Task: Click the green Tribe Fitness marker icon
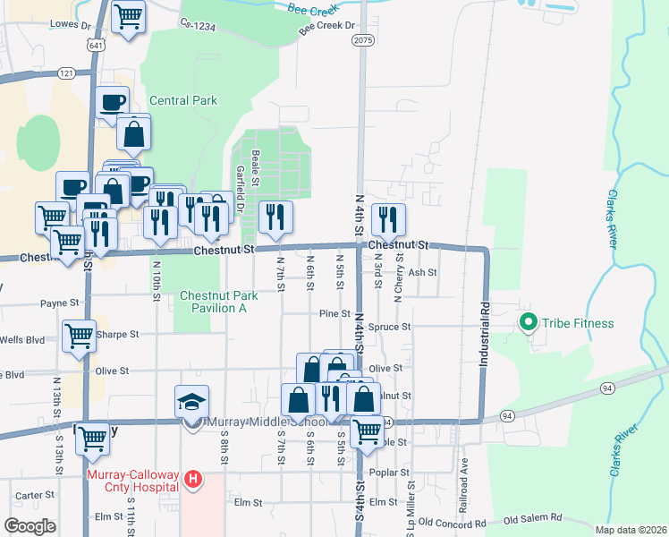528,323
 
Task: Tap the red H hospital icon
191,481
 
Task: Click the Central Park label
183,100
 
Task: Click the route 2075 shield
361,40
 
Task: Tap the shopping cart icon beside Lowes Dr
129,17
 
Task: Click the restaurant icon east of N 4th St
388,217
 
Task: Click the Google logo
30,526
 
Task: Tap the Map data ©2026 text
631,530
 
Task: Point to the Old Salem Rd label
534,518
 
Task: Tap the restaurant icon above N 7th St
275,217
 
